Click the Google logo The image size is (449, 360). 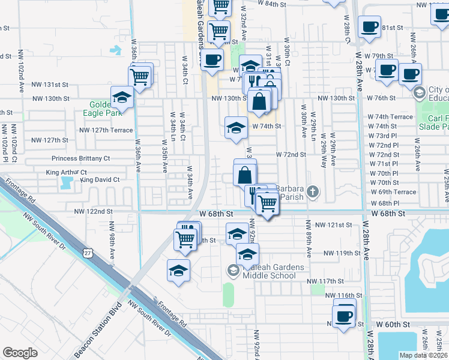pyautogui.click(x=20, y=353)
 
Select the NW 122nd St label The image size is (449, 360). pyautogui.click(x=93, y=211)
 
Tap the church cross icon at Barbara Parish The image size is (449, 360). pyautogui.click(x=311, y=192)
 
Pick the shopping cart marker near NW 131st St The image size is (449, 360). pyautogui.click(x=139, y=77)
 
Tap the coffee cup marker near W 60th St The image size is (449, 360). pyautogui.click(x=345, y=316)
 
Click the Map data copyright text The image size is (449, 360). pyautogui.click(x=424, y=355)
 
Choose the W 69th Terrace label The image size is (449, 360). pyautogui.click(x=393, y=192)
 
